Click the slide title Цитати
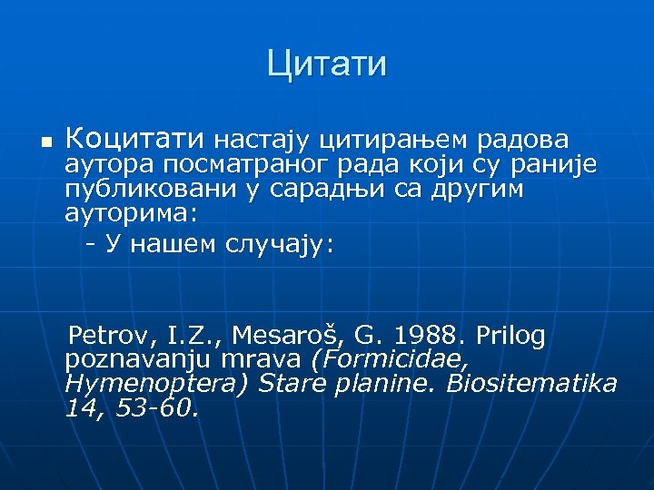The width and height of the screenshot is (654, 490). [x=327, y=64]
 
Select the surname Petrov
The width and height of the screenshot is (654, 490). [x=106, y=337]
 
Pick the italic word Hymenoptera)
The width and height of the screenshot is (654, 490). [x=156, y=384]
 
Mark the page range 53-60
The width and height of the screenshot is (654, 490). [x=155, y=408]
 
